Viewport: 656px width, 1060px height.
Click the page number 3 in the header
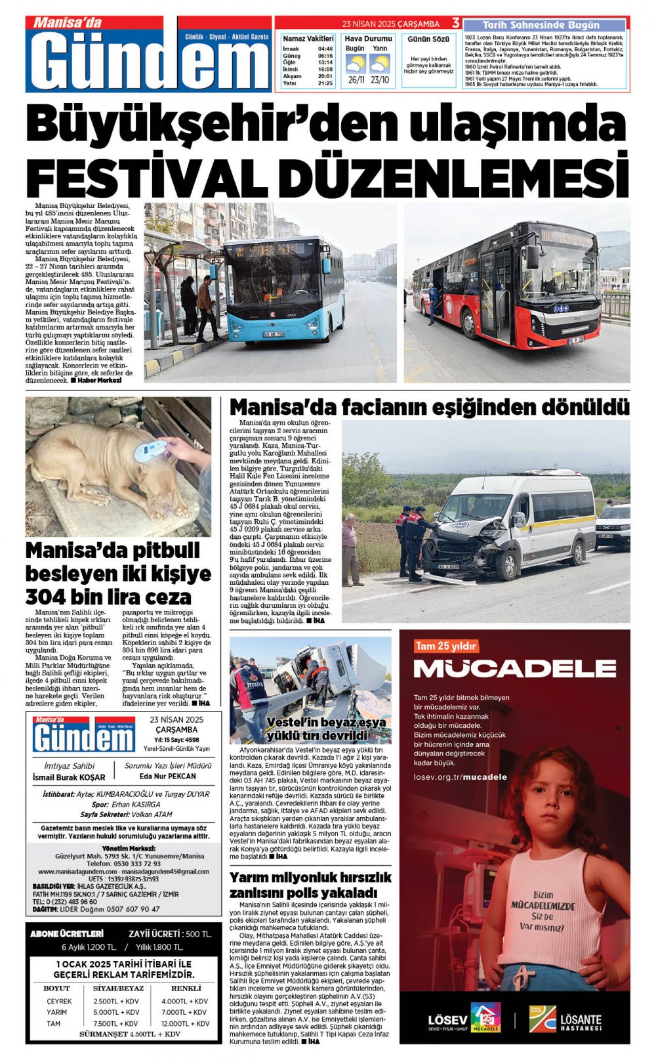pyautogui.click(x=455, y=23)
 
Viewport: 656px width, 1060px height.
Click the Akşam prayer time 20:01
pyautogui.click(x=325, y=76)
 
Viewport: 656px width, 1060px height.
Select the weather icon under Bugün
pyautogui.click(x=356, y=64)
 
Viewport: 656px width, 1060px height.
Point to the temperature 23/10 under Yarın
pyautogui.click(x=379, y=80)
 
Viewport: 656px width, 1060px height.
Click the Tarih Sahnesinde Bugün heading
pyautogui.click(x=544, y=25)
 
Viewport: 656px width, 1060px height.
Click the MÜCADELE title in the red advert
pyautogui.click(x=514, y=669)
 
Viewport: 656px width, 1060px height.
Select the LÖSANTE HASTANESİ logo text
pyautogui.click(x=581, y=1022)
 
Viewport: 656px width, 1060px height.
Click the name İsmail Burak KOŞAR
pyautogui.click(x=69, y=777)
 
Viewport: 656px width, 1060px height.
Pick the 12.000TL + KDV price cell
pyautogui.click(x=185, y=1023)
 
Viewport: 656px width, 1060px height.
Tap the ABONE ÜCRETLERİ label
pyautogui.click(x=67, y=933)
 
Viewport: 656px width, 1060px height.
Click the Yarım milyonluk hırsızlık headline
pyautogui.click(x=310, y=885)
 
